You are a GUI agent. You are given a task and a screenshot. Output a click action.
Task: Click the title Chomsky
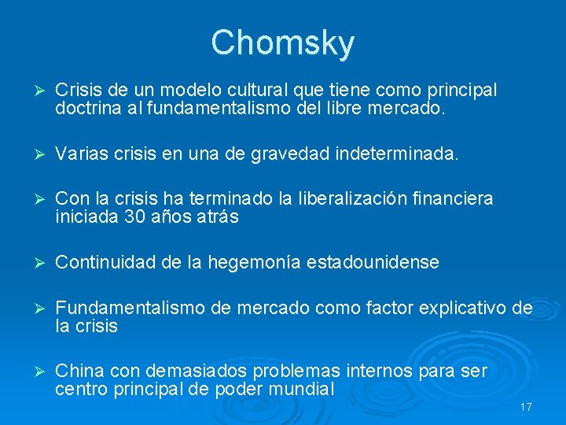282,43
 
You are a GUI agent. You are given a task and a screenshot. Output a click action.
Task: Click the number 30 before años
135,216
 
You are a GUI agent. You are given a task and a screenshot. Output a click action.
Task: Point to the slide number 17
526,408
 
